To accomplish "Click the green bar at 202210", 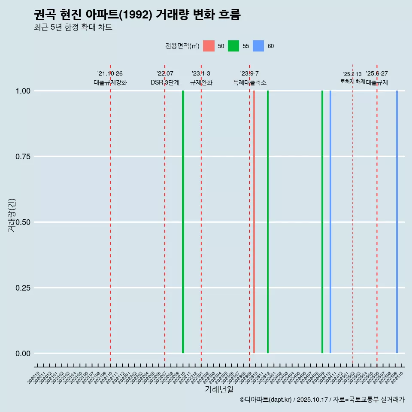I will [183, 222].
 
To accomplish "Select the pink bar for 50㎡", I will [254, 222].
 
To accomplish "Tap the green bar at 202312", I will [268, 222].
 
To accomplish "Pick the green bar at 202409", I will [322, 222].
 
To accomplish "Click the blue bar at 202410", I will [330, 222].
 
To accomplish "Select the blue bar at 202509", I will [397, 222].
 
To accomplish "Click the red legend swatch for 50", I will [209, 46].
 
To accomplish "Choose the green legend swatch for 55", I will [233, 46].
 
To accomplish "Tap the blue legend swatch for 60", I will [258, 46].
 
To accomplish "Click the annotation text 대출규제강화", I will [110, 82].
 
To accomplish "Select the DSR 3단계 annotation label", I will [165, 82].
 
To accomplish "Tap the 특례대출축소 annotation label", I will [249, 82].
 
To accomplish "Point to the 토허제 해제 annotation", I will [352, 81].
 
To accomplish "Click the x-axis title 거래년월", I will [219, 390].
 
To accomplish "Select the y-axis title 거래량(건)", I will [12, 215].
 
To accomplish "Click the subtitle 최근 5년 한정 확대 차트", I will [73, 27].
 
